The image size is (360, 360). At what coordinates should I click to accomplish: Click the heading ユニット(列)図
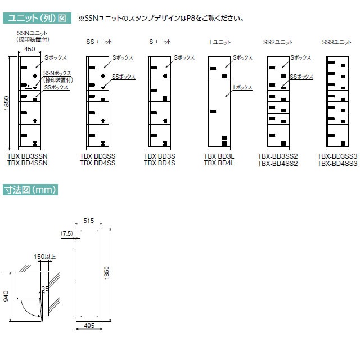click(37, 18)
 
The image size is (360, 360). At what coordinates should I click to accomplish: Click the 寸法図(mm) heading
click(30, 190)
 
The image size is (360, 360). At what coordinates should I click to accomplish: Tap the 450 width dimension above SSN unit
click(30, 49)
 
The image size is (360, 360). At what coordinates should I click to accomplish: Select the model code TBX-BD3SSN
click(28, 156)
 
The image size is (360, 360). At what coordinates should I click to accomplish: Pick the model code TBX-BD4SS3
click(337, 164)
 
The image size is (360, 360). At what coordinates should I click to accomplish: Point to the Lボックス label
click(242, 87)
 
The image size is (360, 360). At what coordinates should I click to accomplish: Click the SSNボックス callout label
click(57, 73)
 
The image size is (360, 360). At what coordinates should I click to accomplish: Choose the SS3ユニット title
click(336, 42)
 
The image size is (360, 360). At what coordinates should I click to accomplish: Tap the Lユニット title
click(220, 42)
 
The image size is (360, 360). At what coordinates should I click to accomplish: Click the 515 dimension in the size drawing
click(89, 220)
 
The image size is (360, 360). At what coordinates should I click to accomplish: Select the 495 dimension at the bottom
click(89, 326)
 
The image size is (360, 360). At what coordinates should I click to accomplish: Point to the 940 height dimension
click(6, 296)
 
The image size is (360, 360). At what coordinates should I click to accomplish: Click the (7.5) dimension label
click(67, 233)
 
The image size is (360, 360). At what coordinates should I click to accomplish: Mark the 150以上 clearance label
click(45, 256)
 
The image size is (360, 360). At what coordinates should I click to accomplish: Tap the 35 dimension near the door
click(45, 289)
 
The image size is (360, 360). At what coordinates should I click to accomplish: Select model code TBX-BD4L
click(219, 163)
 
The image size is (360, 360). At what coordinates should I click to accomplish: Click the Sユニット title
click(160, 42)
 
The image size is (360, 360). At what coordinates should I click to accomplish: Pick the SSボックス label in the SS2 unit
click(301, 76)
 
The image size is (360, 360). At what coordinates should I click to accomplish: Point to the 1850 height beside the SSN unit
click(6, 103)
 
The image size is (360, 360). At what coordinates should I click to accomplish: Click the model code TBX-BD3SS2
click(278, 156)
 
